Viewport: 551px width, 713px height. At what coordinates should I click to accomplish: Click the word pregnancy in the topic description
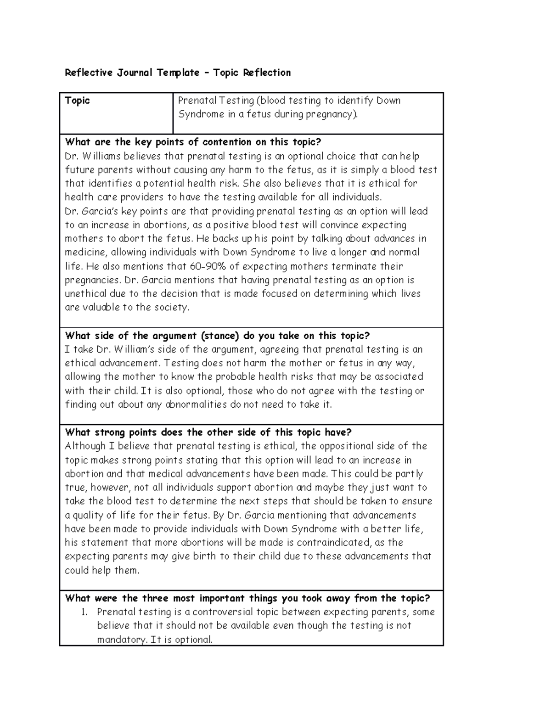point(332,114)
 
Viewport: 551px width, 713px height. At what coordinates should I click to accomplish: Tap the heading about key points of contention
point(193,142)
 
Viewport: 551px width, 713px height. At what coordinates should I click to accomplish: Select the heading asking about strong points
point(208,432)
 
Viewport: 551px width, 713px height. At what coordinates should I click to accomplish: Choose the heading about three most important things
point(247,598)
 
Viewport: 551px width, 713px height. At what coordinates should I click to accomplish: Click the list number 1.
point(84,612)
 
